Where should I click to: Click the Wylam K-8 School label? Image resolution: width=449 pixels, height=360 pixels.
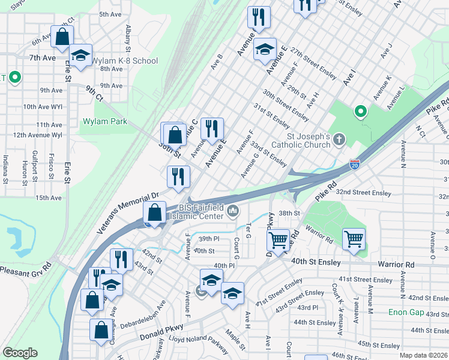pos(127,61)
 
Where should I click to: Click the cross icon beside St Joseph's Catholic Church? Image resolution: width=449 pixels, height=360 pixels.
pos(339,140)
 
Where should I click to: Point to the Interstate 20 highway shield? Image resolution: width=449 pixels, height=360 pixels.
pos(354,163)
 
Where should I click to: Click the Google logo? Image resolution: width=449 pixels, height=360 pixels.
pos(20,353)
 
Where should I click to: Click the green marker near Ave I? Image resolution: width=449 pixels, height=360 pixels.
pos(360,111)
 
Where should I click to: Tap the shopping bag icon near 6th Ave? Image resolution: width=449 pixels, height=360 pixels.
pos(62,37)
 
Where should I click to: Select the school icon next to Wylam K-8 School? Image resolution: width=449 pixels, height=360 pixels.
pos(80,56)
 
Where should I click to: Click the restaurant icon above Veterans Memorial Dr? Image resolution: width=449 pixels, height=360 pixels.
pos(178,176)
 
